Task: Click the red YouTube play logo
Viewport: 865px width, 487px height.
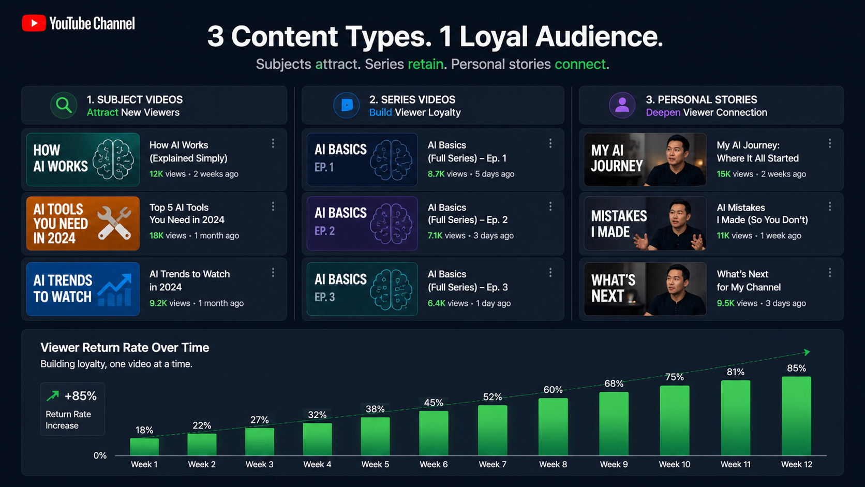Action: point(34,23)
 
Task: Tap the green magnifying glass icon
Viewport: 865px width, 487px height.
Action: point(64,105)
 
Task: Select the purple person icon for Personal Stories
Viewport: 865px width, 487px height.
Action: point(622,105)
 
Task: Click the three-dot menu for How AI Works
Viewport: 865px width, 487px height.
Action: point(273,144)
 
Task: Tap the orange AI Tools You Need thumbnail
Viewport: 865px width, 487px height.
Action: point(83,223)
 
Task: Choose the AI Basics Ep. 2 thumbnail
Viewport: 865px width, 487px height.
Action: point(362,223)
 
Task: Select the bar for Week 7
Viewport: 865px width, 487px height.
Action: point(493,430)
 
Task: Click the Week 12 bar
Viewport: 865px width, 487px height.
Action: point(796,416)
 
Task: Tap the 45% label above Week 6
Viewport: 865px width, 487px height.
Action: point(433,403)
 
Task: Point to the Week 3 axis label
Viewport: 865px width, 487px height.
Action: point(260,464)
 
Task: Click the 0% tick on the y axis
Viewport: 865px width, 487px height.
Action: point(100,455)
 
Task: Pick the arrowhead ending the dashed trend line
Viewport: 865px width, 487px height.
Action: point(807,352)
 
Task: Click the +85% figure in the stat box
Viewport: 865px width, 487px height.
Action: point(80,396)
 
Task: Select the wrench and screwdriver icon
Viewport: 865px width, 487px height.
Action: point(114,223)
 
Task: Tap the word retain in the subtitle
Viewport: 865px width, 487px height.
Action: point(426,64)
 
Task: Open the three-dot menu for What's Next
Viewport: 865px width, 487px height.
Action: point(830,273)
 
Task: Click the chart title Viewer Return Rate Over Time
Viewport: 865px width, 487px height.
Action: point(125,348)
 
